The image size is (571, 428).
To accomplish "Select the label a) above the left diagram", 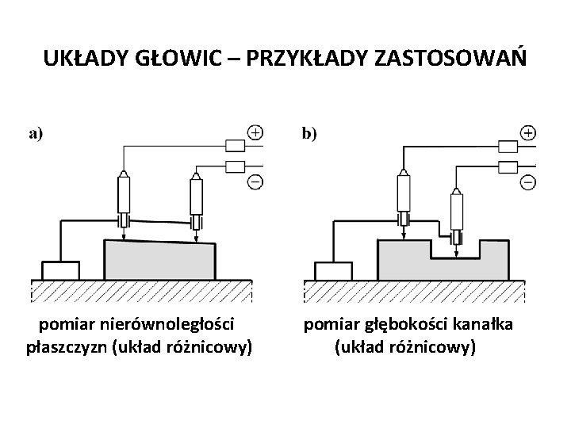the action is point(36,134).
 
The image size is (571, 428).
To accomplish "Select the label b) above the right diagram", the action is point(309,134).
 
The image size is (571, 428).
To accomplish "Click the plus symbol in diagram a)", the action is point(255,132).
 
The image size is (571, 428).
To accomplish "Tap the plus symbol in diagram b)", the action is point(528,132).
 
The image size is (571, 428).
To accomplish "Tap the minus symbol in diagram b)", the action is point(528,182).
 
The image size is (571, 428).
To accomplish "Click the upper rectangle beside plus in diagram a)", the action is point(236,145).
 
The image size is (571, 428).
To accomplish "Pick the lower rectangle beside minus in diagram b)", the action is point(508,167).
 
